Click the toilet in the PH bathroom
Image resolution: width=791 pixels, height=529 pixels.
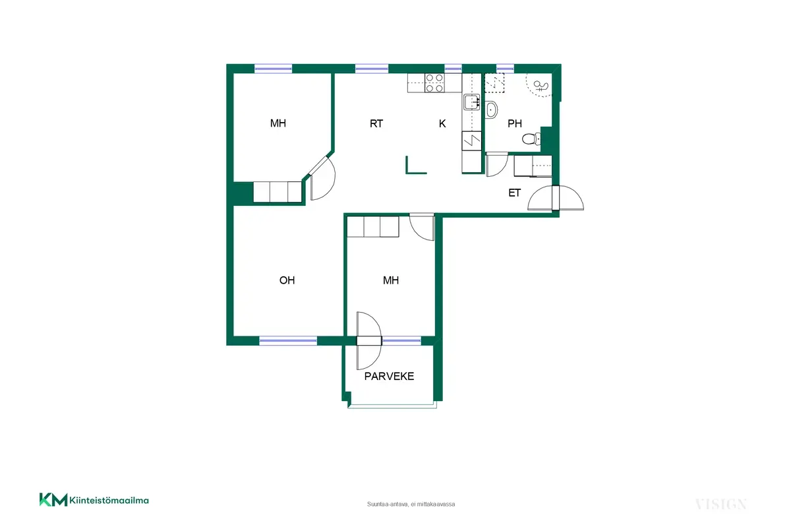(531, 139)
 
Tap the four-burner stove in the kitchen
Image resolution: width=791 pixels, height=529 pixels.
(434, 82)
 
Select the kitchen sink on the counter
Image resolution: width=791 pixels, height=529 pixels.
(471, 102)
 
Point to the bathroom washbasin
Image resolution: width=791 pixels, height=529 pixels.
(491, 109)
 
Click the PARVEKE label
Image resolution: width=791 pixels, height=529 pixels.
(389, 376)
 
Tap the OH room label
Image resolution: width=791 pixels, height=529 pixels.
(287, 280)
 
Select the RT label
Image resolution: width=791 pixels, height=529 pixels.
(376, 123)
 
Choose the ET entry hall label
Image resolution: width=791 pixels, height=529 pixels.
(514, 193)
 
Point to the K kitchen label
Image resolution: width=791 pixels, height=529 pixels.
(442, 123)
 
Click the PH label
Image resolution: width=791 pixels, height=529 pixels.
(515, 123)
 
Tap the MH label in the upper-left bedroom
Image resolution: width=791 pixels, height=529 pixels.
(278, 123)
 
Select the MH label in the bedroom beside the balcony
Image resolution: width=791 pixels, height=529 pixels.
(390, 280)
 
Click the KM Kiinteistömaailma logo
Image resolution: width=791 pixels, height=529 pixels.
(94, 500)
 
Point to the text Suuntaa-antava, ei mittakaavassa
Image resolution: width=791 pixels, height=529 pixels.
(411, 504)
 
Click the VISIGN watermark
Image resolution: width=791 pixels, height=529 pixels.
(720, 504)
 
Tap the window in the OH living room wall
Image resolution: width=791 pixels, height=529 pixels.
(288, 340)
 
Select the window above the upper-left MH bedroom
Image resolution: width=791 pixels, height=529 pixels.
(274, 69)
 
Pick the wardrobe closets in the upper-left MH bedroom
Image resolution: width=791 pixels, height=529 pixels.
(278, 192)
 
